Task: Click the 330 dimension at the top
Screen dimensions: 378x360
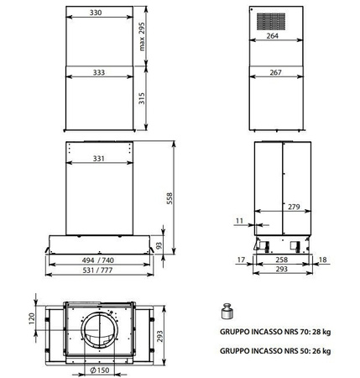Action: click(x=99, y=13)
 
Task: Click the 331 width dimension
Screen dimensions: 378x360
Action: click(x=99, y=158)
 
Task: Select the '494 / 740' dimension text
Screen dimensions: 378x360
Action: click(x=99, y=261)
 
